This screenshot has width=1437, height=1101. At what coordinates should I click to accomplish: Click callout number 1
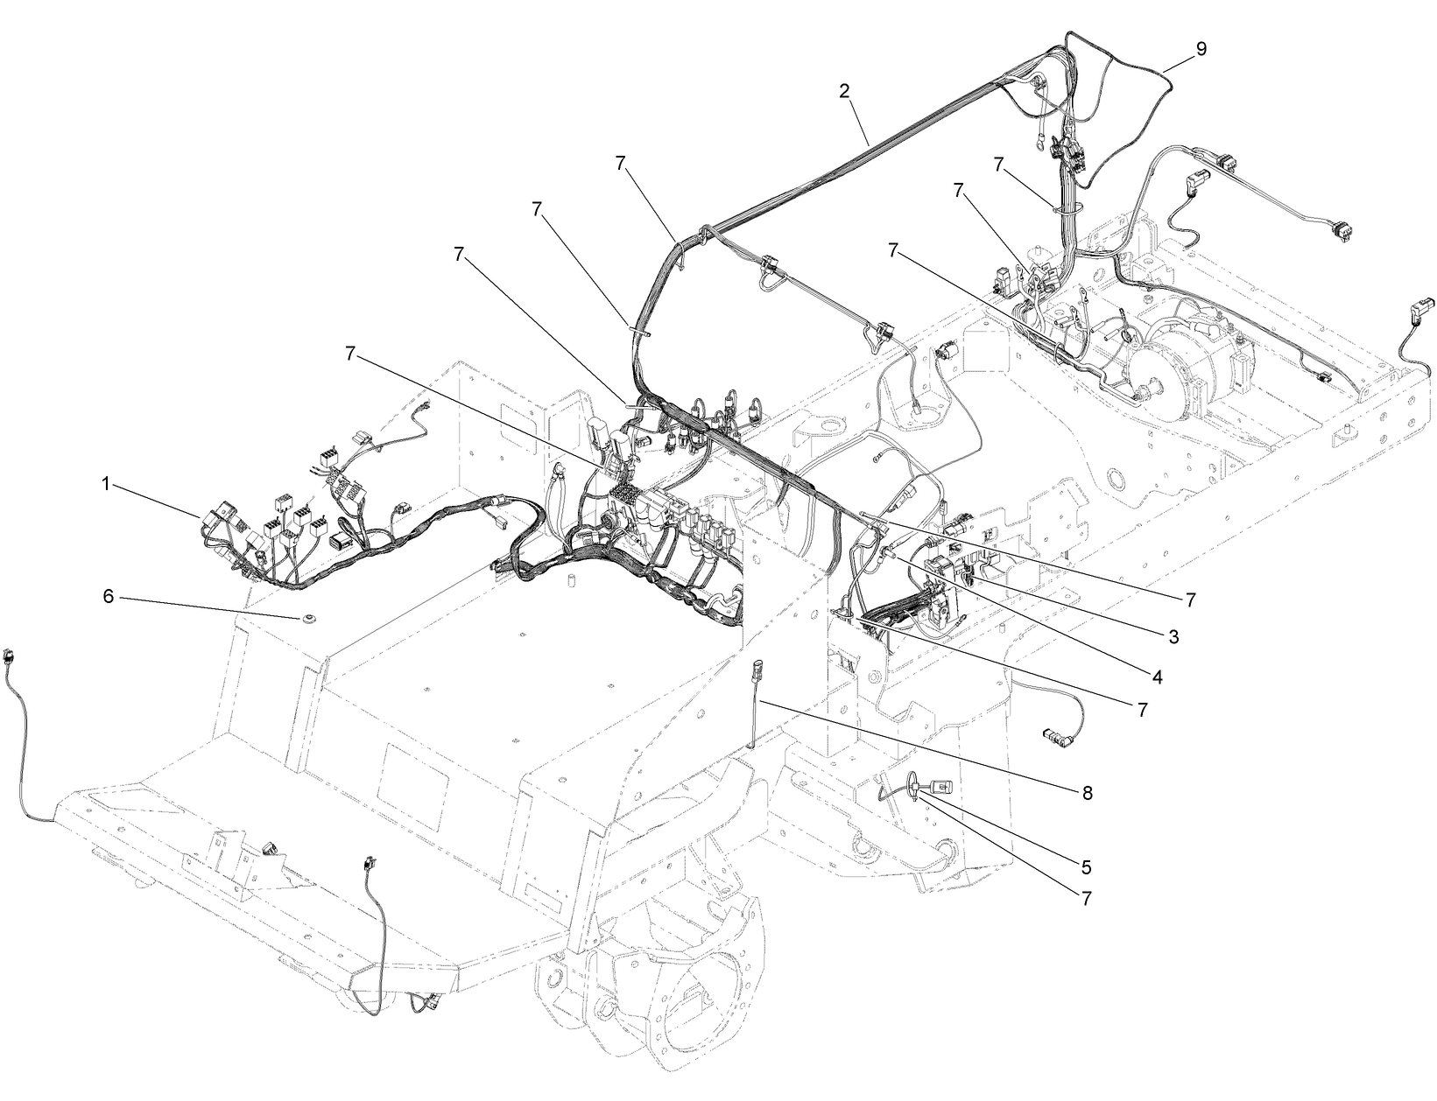tap(106, 484)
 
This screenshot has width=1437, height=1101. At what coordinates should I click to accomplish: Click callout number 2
tap(844, 91)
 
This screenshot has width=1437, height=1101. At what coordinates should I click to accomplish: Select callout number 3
tap(1173, 637)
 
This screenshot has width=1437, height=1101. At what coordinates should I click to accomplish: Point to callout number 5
tap(1086, 866)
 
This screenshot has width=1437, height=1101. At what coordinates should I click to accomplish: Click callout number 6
tap(109, 595)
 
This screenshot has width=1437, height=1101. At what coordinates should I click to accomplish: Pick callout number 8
tap(1088, 792)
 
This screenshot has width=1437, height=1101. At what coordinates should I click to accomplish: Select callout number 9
tap(1201, 49)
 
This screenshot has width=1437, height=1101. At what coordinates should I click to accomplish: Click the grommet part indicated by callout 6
tap(307, 620)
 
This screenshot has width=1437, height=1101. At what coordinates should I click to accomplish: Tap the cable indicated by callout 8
tap(753, 709)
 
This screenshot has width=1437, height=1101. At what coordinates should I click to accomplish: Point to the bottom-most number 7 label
tap(1086, 898)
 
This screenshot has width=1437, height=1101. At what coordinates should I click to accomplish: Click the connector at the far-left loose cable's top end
tap(11, 654)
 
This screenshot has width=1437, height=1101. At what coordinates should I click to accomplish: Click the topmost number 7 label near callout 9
tap(999, 164)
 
